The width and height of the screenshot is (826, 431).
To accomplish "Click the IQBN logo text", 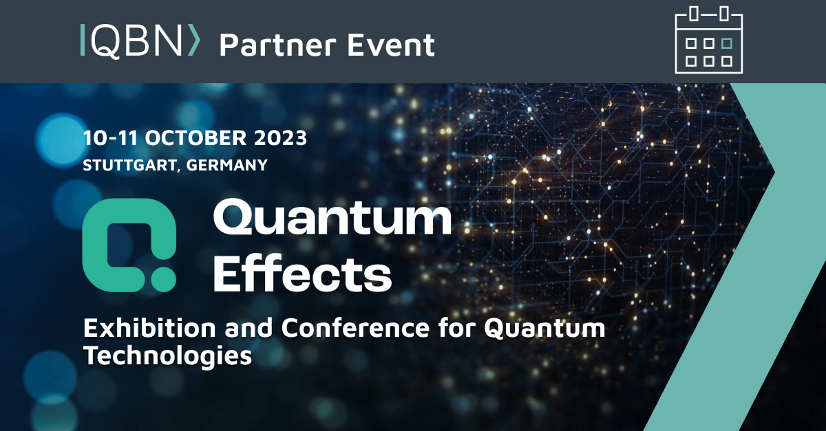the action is pos(140,41).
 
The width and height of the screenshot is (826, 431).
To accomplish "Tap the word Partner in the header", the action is pos(277,45).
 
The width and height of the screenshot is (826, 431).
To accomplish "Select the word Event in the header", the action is pos(391,45).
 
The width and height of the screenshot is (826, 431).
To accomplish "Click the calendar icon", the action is pos(708,40).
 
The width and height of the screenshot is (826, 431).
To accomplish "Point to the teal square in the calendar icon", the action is pos(726,43).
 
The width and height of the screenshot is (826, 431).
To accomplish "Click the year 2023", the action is pos(280,137).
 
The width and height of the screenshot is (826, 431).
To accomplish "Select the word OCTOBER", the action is pos(195,137).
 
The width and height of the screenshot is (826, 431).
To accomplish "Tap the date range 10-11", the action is pos(111,137).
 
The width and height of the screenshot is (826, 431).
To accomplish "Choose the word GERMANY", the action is pos(226,165).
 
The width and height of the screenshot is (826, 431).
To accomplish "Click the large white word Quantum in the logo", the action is pos(332,217).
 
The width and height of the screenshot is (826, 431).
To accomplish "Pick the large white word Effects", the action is pos(302,274).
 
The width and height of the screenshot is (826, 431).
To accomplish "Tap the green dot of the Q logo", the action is pos(163,280).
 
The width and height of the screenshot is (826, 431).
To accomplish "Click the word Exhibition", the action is pos(149,327).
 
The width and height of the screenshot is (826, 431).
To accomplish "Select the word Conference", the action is pos(355,327).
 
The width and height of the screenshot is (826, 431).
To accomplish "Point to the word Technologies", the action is pos(168,356).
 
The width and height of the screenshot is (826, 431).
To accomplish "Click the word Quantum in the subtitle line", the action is pos(544,328).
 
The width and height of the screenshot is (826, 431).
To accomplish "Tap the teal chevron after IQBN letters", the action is pos(194,40).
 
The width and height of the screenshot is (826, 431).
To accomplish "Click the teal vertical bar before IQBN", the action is pos(82,40).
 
